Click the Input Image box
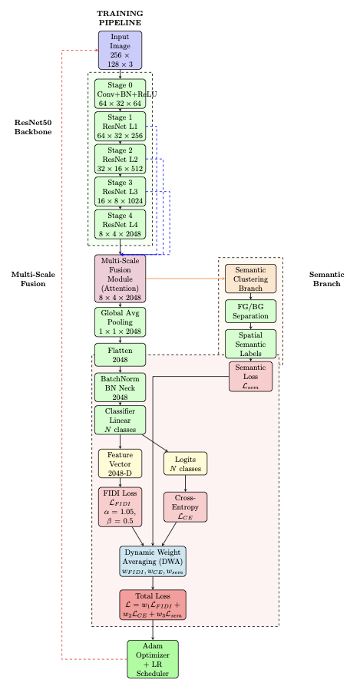pos(120,51)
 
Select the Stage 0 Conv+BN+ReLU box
pos(120,94)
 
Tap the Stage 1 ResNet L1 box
pos(120,127)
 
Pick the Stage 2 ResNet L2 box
pos(120,160)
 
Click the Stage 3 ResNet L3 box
pos(120,192)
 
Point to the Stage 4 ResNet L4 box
pos(120,225)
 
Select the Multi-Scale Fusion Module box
pos(120,279)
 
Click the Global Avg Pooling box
pos(120,322)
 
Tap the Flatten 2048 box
pos(120,355)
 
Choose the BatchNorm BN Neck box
pos(120,388)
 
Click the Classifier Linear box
pos(120,420)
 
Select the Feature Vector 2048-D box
pos(120,463)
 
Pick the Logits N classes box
pos(185,463)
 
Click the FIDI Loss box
pos(120,506)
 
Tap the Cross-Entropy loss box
pos(185,506)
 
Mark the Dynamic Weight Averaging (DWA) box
pos(153,561)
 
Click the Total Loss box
pos(153,605)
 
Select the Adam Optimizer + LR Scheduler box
pos(153,659)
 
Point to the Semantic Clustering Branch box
pos(250,279)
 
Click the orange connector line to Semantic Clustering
pos(184,279)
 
